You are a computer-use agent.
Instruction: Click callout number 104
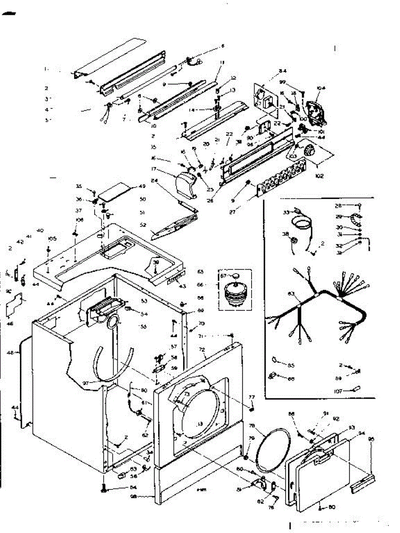[321, 88]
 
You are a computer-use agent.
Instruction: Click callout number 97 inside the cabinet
[85, 383]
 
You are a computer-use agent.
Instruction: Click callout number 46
[10, 324]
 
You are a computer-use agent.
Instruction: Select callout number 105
[52, 239]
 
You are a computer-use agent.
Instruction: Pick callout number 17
[167, 169]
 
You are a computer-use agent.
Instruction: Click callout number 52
[143, 225]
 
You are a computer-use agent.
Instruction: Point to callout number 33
[286, 212]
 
